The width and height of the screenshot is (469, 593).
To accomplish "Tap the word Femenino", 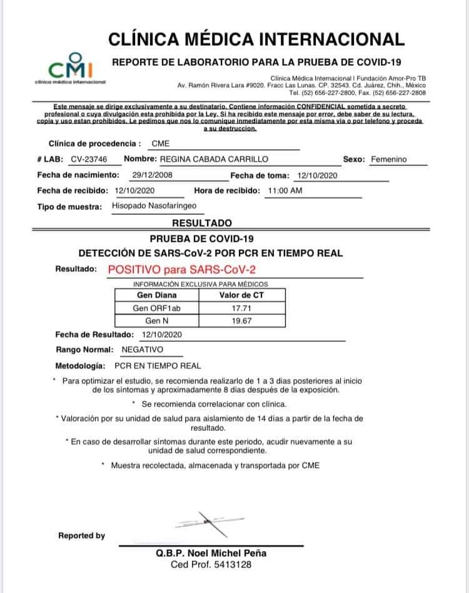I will [388, 160].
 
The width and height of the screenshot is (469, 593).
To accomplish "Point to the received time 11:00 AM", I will [285, 190].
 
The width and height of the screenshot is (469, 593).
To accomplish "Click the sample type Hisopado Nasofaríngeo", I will [154, 205].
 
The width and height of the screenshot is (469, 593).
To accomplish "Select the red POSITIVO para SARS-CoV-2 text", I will [182, 270].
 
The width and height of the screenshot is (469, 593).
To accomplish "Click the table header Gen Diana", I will [156, 295].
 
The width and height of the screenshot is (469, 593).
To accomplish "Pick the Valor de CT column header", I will [241, 295].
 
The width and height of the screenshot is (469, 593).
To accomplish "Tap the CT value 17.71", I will [241, 308].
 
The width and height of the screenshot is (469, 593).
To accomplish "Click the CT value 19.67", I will [241, 321].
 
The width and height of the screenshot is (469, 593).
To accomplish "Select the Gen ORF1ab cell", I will [156, 308].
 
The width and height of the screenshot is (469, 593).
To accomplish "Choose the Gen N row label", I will [156, 321].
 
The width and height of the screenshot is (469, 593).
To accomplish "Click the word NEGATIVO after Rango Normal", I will [142, 349].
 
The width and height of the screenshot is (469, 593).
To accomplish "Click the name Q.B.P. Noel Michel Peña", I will [211, 554].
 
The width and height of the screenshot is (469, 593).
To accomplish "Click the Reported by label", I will [82, 536].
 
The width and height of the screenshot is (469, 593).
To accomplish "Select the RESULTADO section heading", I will [201, 223].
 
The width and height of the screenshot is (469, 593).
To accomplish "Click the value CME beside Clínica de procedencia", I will [161, 143].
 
